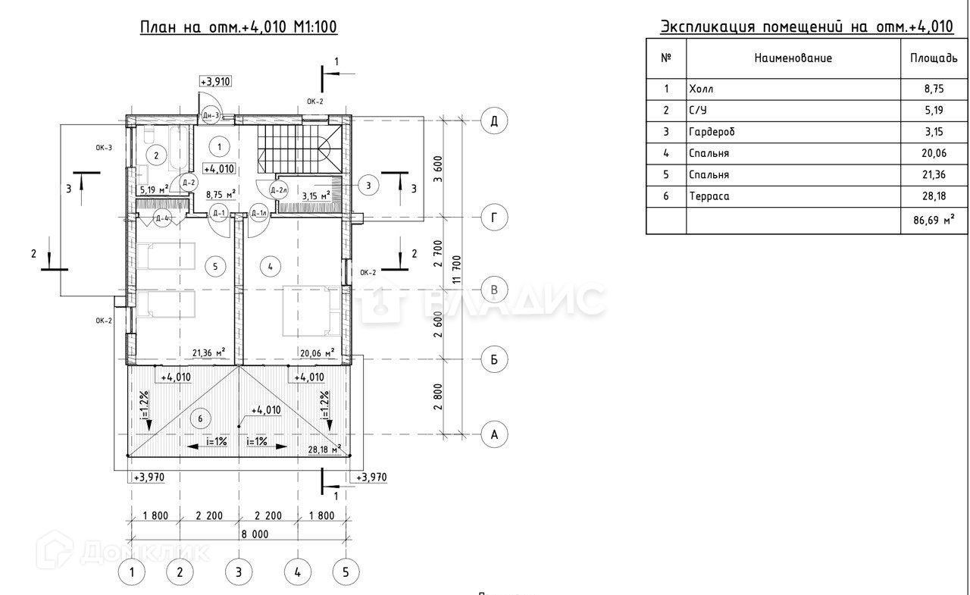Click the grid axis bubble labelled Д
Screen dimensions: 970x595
[x=494, y=121]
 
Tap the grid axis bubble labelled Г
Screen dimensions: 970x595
[x=494, y=219]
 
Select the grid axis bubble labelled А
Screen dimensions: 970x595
[x=494, y=434]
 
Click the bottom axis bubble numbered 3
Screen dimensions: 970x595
[x=239, y=572]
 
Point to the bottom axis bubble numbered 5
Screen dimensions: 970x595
[x=346, y=572]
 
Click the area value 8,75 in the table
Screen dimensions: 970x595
[x=933, y=89]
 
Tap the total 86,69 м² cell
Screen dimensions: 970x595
[x=933, y=222]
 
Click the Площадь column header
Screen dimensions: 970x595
[x=933, y=58]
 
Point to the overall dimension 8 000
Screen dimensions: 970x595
[x=239, y=534]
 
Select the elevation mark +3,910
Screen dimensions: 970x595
[x=215, y=82]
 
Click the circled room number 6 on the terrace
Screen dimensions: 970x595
[x=200, y=419]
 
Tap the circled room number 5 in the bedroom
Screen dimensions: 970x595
[x=215, y=266]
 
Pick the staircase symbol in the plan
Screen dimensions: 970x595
[x=297, y=149]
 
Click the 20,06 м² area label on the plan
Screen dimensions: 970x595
[x=318, y=352]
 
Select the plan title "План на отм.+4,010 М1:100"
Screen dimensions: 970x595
[x=239, y=27]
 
